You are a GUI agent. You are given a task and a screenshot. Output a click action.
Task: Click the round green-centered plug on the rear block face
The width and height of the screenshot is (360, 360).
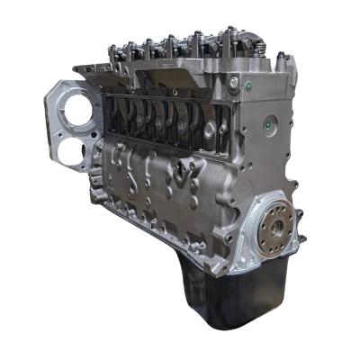click(268, 121)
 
